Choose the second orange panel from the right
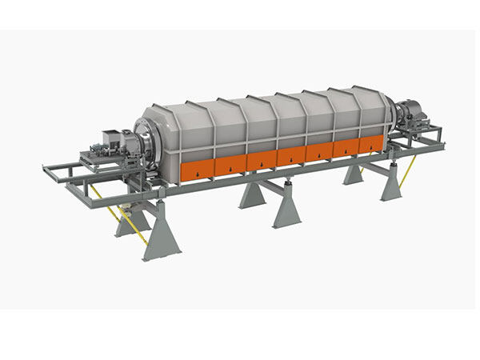click(346, 148)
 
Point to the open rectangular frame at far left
click(60, 171)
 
